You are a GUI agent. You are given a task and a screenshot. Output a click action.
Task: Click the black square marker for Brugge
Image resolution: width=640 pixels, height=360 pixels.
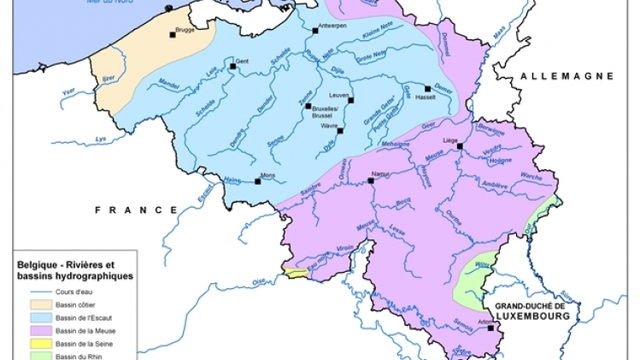pyautogui.click(x=173, y=35)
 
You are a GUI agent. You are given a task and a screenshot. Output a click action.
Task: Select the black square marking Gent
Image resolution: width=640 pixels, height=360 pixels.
pyautogui.click(x=232, y=65)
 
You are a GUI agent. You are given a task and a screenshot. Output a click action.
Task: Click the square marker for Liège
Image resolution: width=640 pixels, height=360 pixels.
pyautogui.click(x=460, y=146)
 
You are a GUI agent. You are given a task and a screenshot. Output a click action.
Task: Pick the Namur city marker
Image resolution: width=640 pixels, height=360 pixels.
pyautogui.click(x=371, y=181)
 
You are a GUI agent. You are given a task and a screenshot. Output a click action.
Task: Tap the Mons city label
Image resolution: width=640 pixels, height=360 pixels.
pyautogui.click(x=268, y=174)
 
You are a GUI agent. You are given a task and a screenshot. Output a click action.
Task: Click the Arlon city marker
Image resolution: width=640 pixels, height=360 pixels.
pyautogui.click(x=490, y=327)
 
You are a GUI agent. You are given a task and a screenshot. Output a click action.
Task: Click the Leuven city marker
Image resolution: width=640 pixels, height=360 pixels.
pyautogui.click(x=350, y=100)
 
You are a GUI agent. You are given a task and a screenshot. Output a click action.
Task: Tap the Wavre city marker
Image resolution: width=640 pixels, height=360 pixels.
pyautogui.click(x=340, y=131)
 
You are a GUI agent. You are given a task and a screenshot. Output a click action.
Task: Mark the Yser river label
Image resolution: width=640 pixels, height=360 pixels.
pyautogui.click(x=70, y=90)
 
